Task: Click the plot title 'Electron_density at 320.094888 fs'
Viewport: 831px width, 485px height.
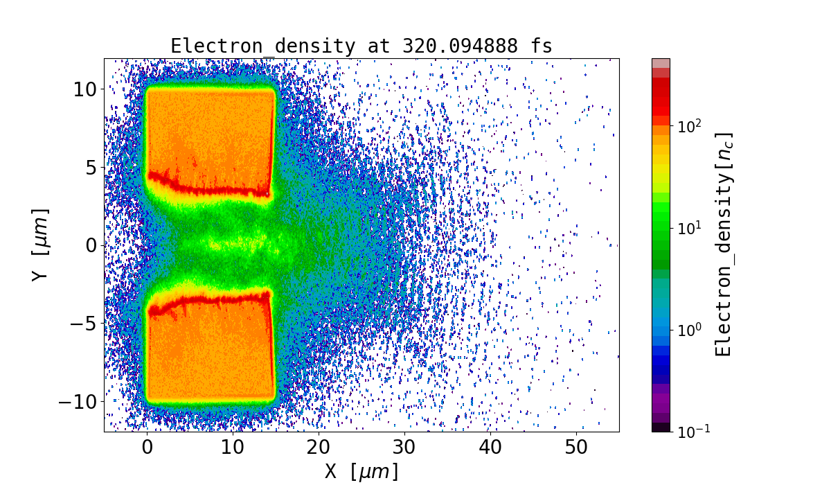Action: point(361,46)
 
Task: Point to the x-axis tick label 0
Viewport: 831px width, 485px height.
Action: point(147,447)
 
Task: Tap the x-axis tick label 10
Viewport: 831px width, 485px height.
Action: point(233,447)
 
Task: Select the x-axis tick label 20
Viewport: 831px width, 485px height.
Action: point(319,447)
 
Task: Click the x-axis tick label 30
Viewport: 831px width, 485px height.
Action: point(404,447)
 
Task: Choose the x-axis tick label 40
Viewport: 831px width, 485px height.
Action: point(490,447)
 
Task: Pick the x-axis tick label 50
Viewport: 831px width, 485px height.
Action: point(576,447)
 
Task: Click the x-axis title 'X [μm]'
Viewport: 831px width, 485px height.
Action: point(361,472)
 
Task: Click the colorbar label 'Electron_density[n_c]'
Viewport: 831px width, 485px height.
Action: point(724,244)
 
